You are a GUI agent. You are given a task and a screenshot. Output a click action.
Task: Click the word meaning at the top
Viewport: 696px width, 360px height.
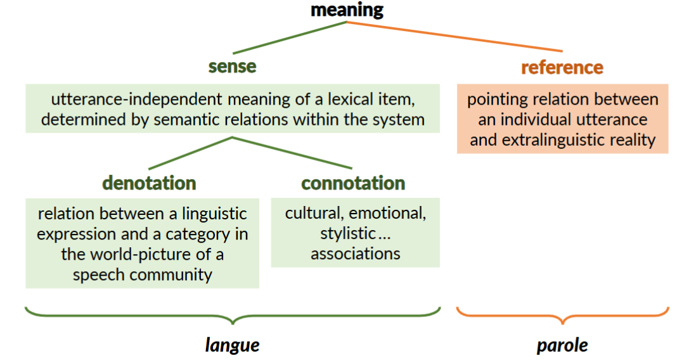point(347,10)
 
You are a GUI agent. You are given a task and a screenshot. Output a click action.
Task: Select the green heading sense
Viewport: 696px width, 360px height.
point(232,67)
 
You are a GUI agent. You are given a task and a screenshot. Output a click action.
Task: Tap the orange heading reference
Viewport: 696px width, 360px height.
point(562,67)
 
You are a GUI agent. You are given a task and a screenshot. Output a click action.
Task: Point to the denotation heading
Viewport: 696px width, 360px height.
point(149,183)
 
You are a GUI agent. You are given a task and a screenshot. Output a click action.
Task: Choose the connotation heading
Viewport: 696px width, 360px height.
point(353,183)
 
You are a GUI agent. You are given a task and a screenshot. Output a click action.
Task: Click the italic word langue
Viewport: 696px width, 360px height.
point(232,345)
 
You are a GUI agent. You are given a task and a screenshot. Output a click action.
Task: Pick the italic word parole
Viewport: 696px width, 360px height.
point(562,345)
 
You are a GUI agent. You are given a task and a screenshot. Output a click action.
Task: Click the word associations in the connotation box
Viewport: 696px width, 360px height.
point(355,254)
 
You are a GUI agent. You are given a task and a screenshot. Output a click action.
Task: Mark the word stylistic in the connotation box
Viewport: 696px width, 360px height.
point(347,234)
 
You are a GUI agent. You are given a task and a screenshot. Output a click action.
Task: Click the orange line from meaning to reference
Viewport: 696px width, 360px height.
point(454,37)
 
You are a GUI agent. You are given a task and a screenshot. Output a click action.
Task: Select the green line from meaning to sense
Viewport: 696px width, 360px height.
point(290,38)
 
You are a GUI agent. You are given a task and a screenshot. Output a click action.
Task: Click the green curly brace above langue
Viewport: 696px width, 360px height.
point(232,315)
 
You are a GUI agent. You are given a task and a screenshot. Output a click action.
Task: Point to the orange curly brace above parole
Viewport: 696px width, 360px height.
point(562,315)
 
